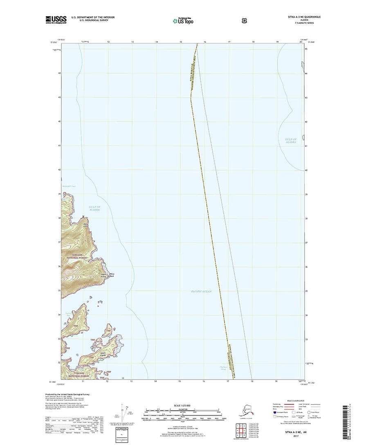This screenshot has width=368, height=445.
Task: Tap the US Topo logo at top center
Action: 183,20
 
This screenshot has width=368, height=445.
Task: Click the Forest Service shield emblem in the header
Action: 244,19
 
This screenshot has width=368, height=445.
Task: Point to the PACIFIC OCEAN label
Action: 201,291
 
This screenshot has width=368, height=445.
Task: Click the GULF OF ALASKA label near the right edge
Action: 290,141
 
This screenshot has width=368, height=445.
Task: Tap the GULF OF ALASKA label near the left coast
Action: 94,208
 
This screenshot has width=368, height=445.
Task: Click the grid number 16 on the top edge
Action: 204,42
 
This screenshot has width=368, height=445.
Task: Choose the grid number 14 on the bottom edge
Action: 156,381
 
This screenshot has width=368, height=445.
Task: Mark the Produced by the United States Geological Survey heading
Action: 67,394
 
